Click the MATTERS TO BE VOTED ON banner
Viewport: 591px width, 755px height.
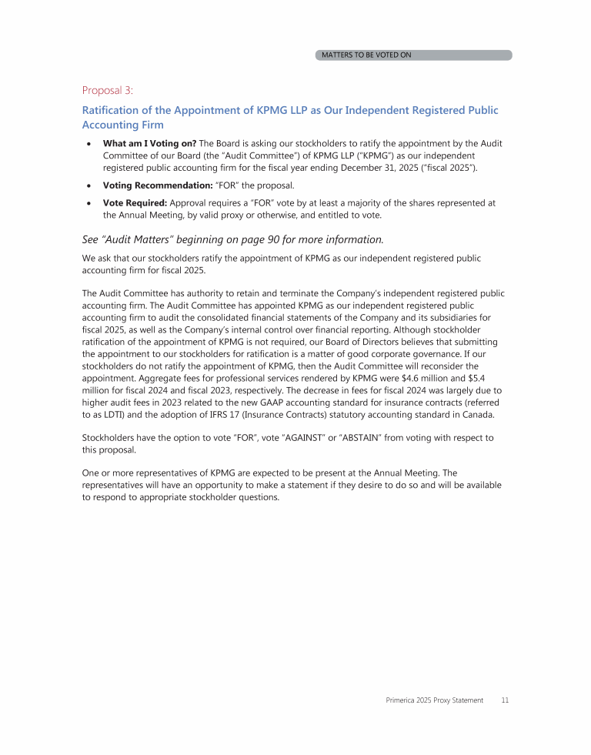(413, 55)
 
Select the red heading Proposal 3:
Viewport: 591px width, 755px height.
(107, 90)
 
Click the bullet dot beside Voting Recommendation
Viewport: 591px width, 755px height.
(91, 185)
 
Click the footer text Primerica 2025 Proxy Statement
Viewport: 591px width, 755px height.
(434, 700)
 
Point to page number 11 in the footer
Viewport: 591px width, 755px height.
(505, 700)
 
